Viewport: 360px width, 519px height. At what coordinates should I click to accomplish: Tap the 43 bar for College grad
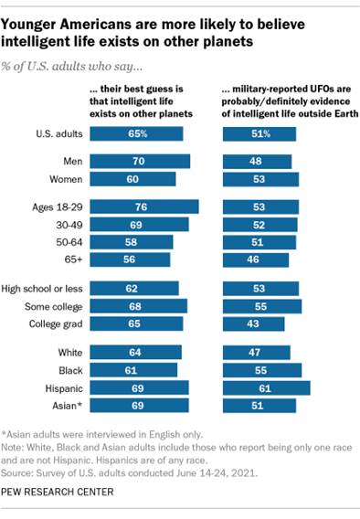[x=249, y=323]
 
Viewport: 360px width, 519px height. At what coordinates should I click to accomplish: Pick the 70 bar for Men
[x=140, y=162]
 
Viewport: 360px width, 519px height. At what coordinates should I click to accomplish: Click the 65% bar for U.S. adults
[x=136, y=134]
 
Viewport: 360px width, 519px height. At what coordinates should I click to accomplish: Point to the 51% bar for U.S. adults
[x=259, y=134]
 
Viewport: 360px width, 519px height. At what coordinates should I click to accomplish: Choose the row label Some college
[x=51, y=305]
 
